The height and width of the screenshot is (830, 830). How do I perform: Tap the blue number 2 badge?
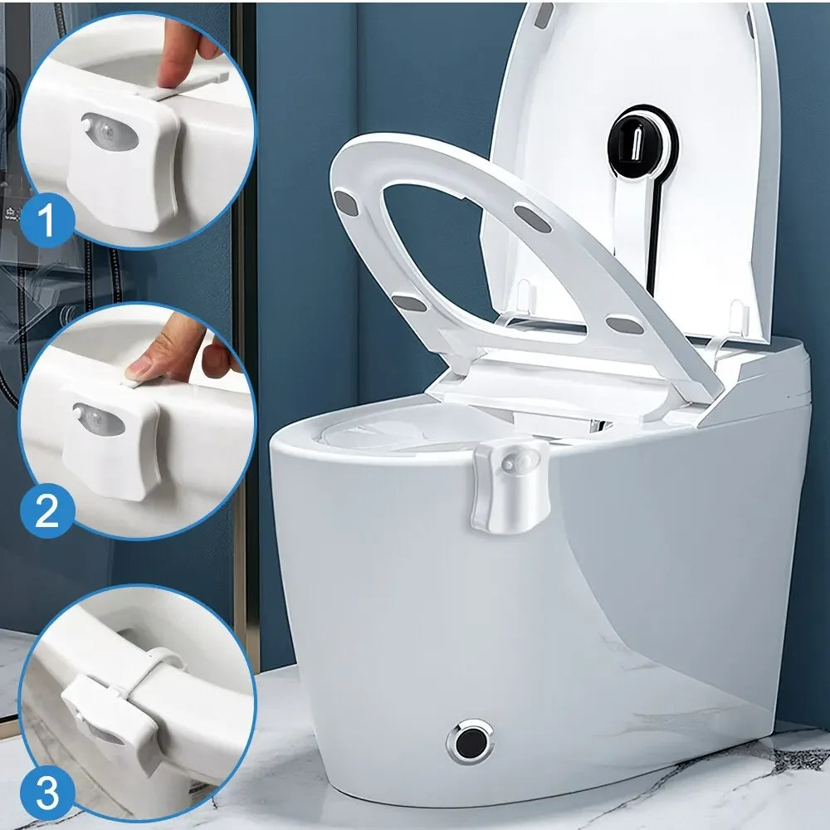46,510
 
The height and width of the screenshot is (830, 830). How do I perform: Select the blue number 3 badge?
46,794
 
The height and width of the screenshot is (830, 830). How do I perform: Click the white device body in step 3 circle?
108,714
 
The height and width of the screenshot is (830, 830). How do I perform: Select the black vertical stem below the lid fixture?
652,241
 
